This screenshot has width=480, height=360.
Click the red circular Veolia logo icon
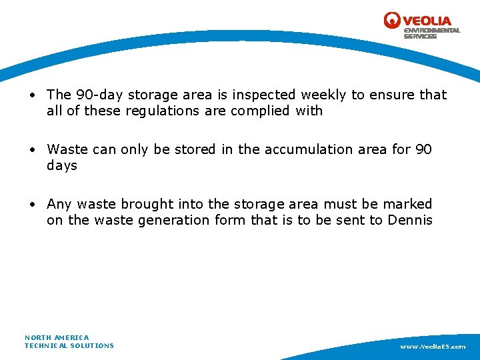392,21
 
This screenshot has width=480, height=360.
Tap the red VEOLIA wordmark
427,21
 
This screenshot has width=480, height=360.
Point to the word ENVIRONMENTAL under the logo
432,31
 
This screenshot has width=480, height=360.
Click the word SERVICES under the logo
420,37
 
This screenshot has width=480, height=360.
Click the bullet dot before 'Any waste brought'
32,205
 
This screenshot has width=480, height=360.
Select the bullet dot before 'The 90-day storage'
32,95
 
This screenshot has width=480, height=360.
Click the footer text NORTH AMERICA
57,337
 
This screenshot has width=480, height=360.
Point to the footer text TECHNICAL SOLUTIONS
69,345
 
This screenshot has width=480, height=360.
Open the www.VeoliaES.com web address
433,347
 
